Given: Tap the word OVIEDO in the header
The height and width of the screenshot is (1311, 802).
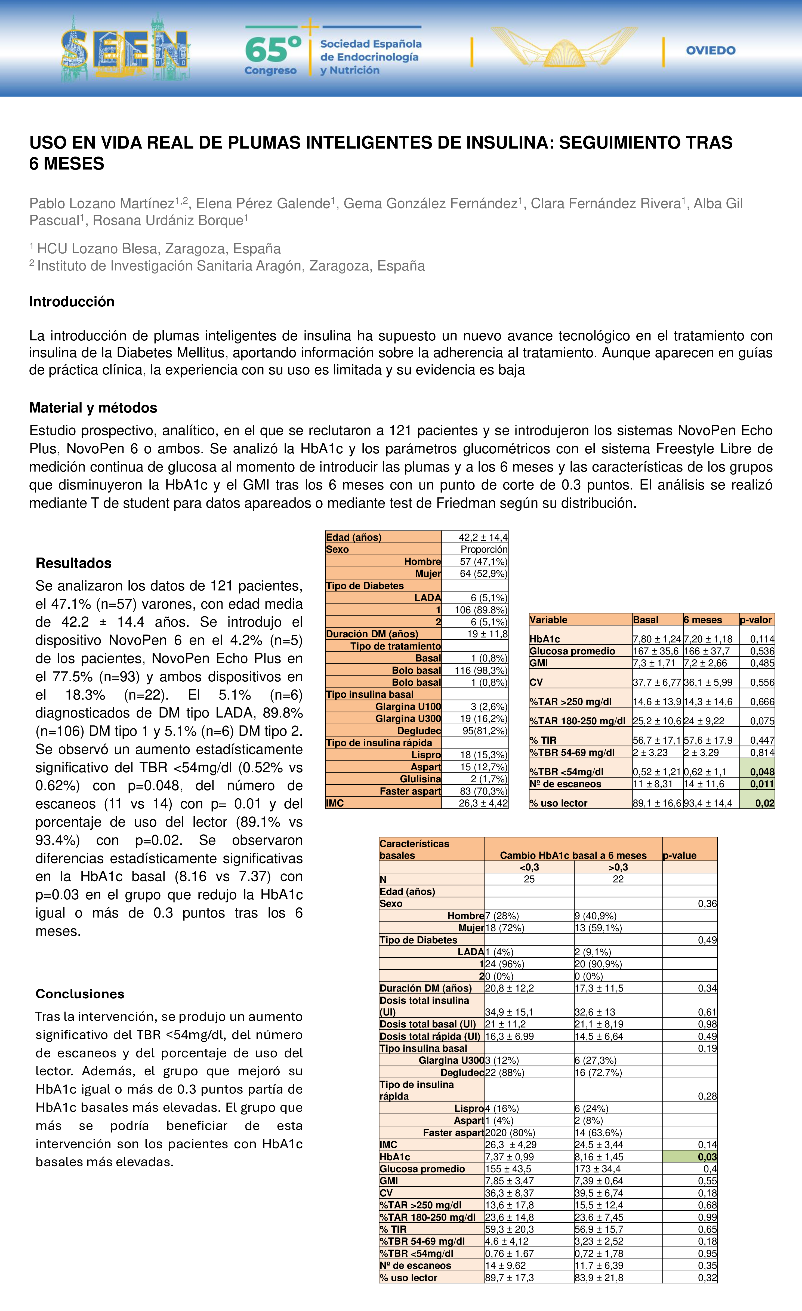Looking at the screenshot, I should point(711,51).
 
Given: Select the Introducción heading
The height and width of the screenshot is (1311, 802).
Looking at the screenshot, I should point(72,302).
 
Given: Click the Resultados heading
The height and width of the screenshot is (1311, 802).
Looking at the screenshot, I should point(73,563).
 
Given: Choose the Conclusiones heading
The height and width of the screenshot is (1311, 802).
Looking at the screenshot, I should point(80,994).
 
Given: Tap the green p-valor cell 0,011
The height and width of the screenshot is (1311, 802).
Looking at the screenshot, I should point(762,784).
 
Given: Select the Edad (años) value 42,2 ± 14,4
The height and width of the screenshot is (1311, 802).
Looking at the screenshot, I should point(483,537).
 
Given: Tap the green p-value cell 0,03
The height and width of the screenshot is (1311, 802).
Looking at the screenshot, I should point(707,1157).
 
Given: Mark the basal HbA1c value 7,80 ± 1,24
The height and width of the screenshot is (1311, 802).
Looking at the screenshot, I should point(657,639).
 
